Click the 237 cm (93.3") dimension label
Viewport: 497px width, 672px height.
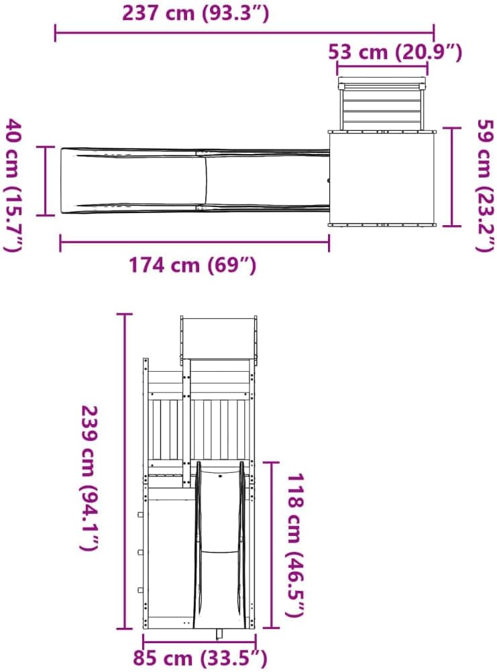(196, 13)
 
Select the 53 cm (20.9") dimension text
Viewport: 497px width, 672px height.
(395, 52)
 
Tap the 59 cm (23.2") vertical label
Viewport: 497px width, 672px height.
(486, 186)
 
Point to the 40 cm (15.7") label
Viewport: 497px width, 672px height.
(13, 185)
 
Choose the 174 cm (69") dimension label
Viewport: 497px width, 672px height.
(192, 265)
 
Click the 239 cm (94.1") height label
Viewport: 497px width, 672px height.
(90, 478)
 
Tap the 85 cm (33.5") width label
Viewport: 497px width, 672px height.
(200, 659)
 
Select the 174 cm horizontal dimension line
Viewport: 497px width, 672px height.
(195, 243)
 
